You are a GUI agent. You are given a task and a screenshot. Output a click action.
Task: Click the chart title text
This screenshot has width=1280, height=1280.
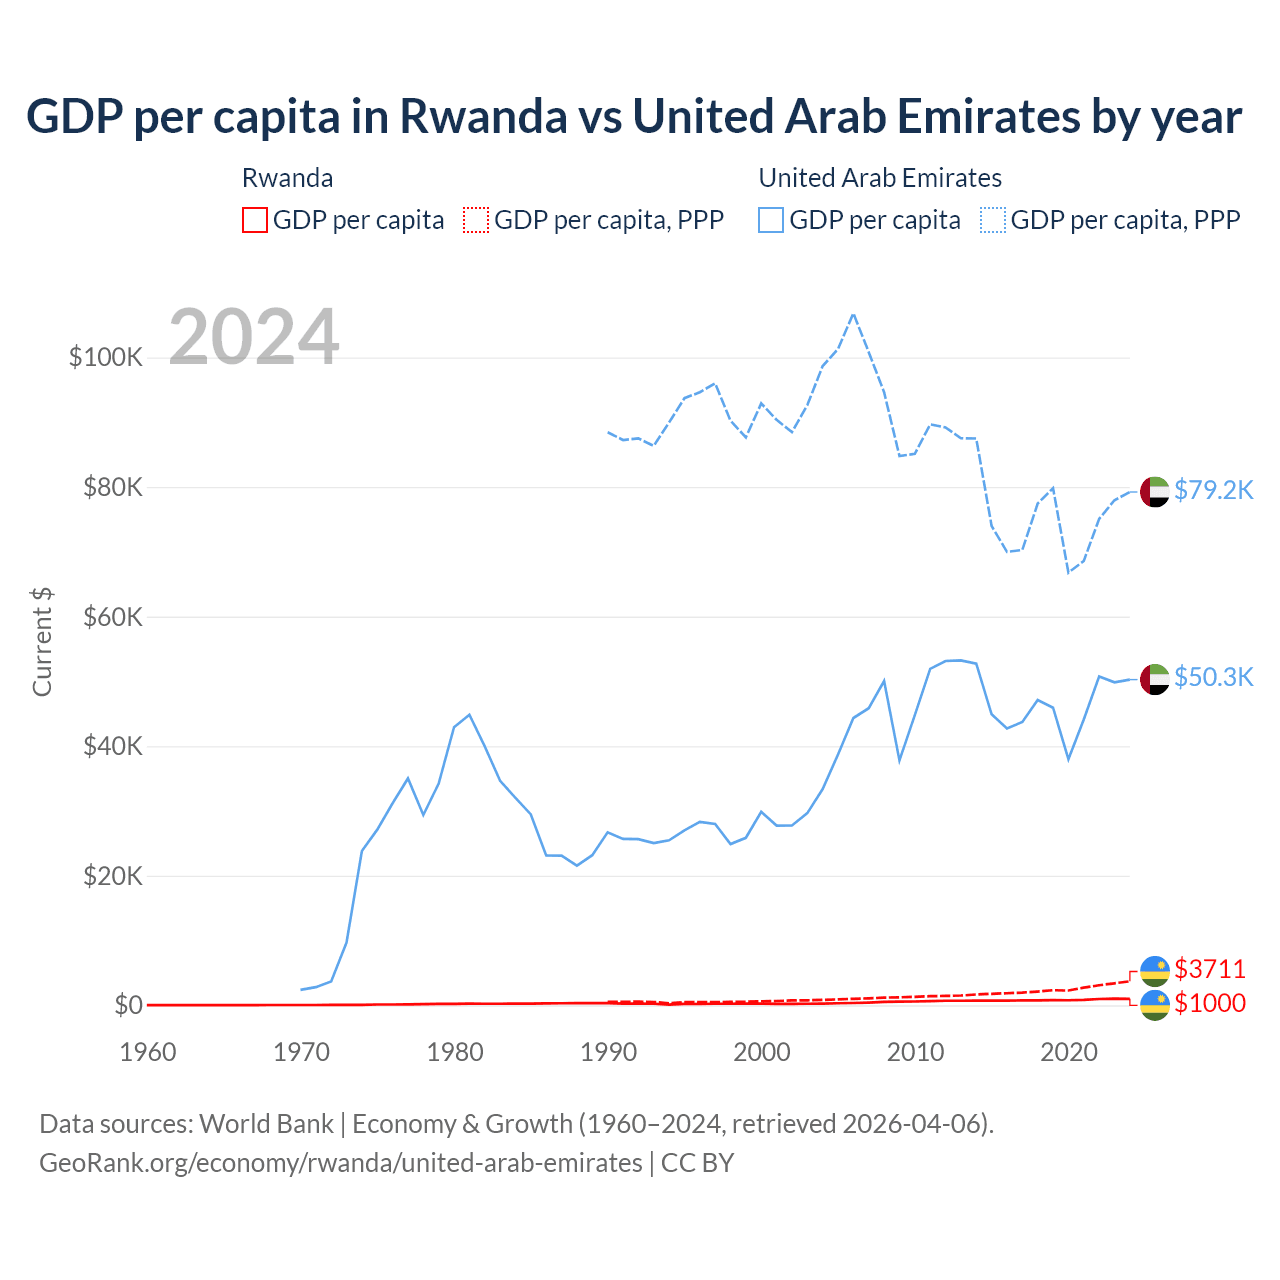[x=634, y=117]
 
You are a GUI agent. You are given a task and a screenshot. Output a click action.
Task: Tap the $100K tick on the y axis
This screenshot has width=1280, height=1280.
[x=106, y=357]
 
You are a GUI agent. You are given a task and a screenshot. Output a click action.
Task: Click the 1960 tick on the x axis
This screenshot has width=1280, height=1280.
[x=147, y=1052]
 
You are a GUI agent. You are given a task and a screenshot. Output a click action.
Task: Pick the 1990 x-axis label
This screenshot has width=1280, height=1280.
[x=608, y=1052]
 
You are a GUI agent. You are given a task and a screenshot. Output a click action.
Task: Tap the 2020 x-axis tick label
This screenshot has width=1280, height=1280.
[x=1069, y=1052]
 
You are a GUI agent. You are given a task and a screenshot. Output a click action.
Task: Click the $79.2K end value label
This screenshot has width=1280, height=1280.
[x=1213, y=490]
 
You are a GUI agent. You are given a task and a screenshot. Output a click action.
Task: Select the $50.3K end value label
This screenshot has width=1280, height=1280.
[x=1213, y=677]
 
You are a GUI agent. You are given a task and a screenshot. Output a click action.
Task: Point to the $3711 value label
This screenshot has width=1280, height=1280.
[x=1210, y=969]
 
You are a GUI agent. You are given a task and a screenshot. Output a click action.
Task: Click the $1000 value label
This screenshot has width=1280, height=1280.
[x=1210, y=1003]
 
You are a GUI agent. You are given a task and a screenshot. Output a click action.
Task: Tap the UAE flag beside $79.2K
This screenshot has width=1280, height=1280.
[x=1155, y=492]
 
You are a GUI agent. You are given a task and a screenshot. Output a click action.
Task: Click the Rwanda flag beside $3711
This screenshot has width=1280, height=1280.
[x=1155, y=970]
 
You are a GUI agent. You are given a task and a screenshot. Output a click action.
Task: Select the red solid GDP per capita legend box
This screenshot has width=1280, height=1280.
[x=255, y=220]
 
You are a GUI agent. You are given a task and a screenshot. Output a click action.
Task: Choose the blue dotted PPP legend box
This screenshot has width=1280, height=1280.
[x=993, y=220]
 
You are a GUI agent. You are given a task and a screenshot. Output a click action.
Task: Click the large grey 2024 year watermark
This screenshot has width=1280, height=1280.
[x=254, y=337]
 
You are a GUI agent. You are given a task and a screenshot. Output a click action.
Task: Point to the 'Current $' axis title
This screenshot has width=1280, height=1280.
[x=42, y=642]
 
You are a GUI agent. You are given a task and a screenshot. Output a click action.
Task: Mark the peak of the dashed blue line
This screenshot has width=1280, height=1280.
[x=853, y=314]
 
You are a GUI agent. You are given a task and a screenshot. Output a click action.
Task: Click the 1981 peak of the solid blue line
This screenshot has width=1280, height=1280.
[x=469, y=715]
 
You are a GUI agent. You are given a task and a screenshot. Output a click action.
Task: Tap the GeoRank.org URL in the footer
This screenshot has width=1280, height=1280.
[x=341, y=1163]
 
